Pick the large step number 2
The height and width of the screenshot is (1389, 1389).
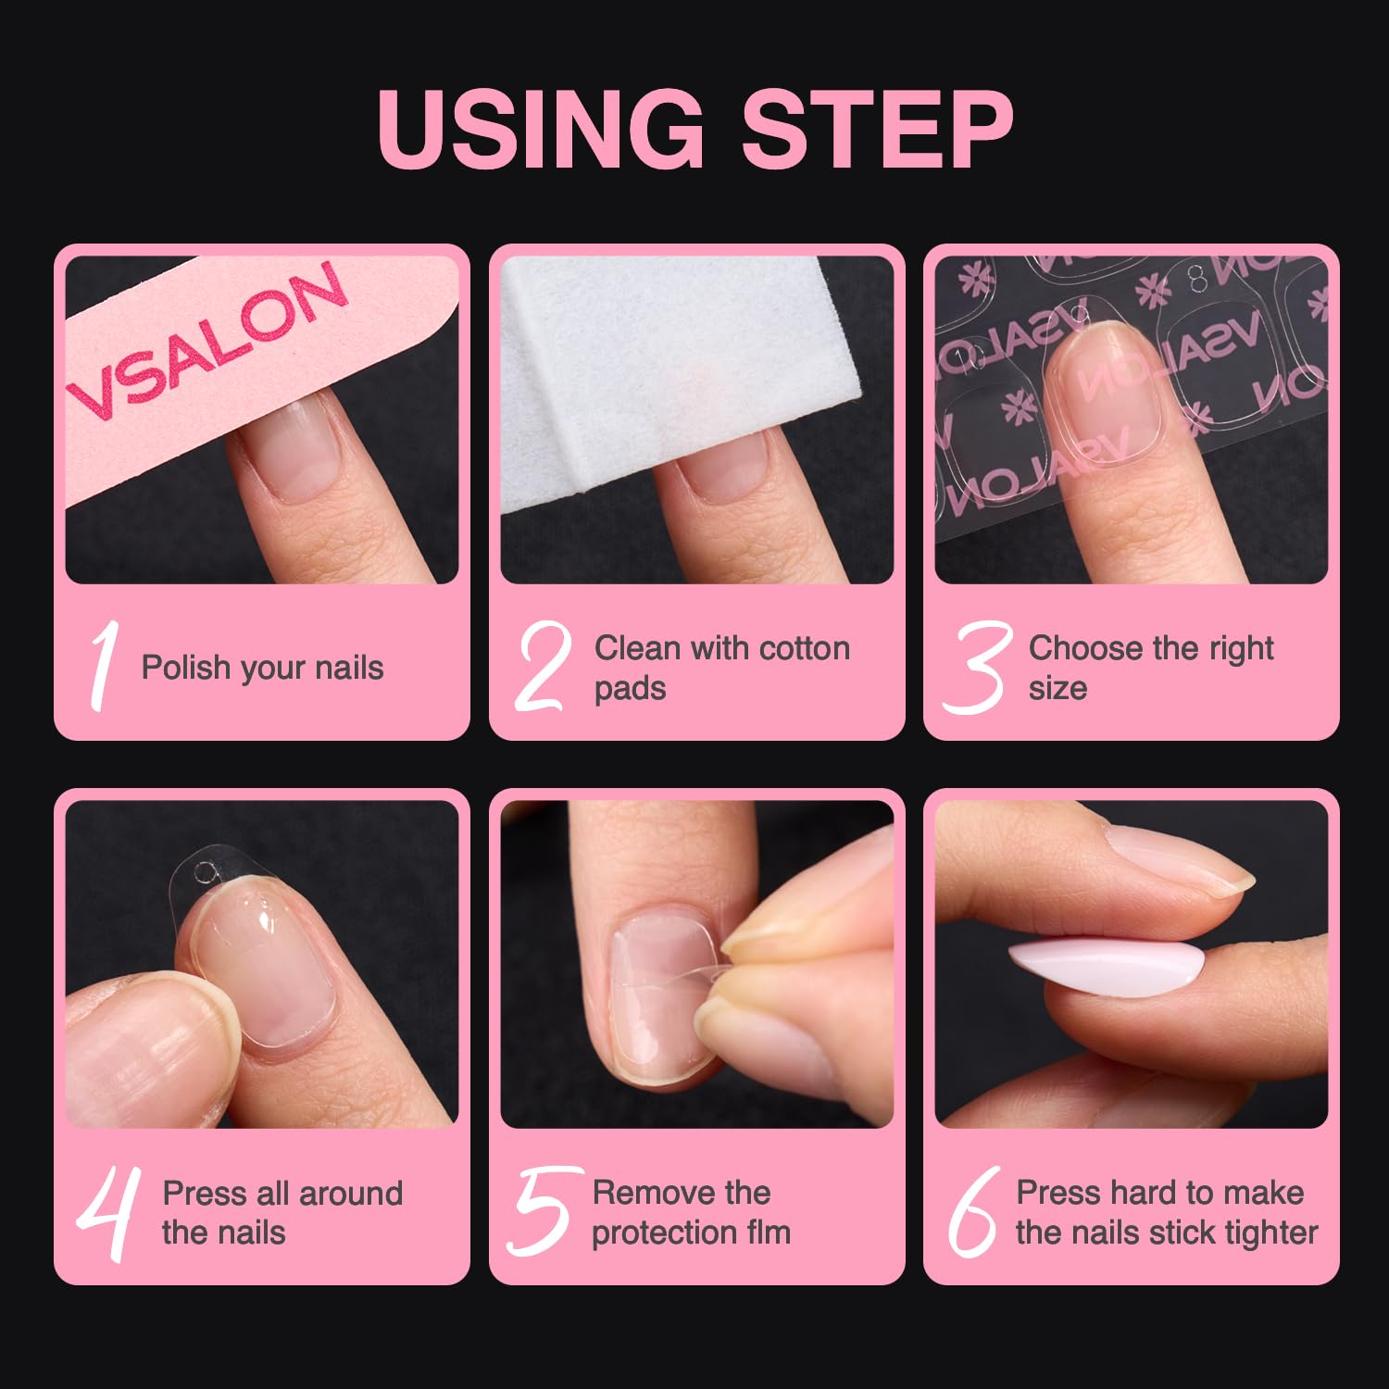pos(543,667)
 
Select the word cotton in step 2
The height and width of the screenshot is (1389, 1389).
pos(803,648)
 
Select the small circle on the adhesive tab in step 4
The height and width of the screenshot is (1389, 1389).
pos(206,872)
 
